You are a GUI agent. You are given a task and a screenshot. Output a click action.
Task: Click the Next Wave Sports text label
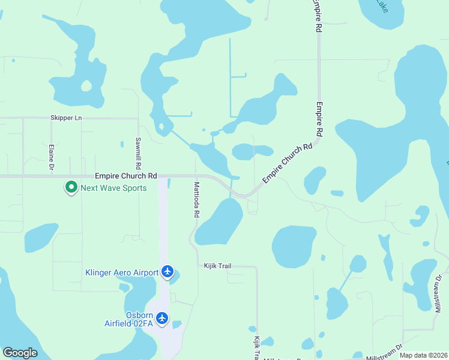113,188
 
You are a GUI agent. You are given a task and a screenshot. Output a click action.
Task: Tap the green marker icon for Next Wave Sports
71,188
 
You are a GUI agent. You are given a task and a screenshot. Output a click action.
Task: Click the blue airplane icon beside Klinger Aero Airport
167,273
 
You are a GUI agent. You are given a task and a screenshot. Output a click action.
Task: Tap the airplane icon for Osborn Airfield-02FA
162,319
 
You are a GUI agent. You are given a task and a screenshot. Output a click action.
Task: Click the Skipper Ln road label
66,118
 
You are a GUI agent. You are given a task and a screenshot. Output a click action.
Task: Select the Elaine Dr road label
52,156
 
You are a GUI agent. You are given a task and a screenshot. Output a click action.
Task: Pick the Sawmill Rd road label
138,153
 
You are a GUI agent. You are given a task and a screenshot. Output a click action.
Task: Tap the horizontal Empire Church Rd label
126,176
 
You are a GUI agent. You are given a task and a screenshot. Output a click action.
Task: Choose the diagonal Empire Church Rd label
288,163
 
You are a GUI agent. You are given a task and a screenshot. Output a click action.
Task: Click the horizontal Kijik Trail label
217,265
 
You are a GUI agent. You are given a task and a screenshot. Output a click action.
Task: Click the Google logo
20,353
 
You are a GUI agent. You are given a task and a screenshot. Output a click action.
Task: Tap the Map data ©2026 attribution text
423,355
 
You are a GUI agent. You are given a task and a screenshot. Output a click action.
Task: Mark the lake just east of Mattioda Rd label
218,222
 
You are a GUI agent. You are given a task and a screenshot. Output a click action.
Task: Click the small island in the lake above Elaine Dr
86,86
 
